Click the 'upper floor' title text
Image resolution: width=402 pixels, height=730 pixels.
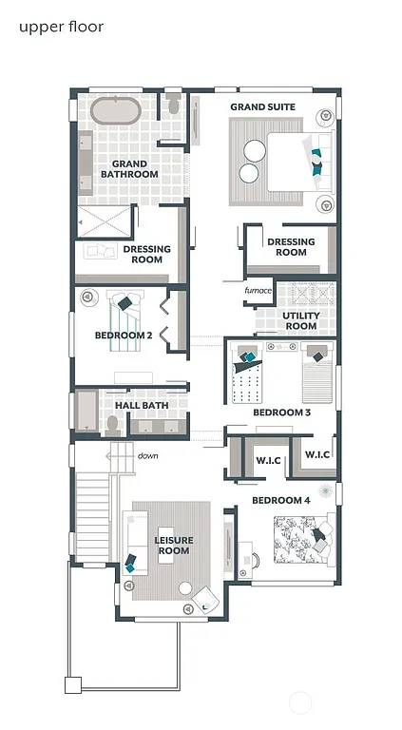(61, 27)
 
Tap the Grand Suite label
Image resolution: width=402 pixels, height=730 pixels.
(262, 107)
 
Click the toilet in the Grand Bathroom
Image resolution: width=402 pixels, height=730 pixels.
(173, 106)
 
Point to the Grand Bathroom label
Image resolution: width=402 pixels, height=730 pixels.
(128, 169)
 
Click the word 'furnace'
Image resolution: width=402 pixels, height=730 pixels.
(258, 290)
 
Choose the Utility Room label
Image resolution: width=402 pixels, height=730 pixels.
(300, 320)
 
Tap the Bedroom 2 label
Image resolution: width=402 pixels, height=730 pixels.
(124, 336)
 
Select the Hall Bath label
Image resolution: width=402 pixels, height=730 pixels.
(142, 406)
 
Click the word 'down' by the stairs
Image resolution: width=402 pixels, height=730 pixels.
(147, 456)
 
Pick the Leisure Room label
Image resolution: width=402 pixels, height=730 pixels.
(173, 545)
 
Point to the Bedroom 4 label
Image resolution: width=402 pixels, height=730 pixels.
(280, 500)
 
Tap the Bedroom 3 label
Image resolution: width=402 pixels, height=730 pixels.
(281, 413)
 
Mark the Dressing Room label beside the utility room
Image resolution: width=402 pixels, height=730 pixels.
(291, 247)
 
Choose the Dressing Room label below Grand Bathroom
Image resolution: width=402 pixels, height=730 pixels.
(146, 254)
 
